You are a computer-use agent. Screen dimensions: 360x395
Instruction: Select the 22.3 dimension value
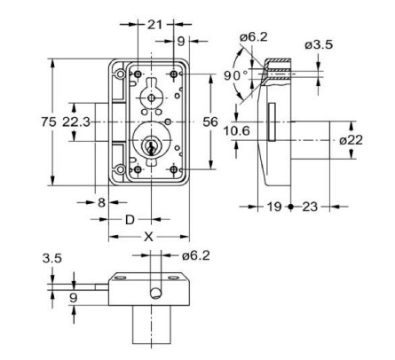tap(76, 121)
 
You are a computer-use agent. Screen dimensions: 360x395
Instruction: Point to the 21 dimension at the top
tap(156, 24)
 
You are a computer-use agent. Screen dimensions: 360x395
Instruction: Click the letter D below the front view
tap(129, 218)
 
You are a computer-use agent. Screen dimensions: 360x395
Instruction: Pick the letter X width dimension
tap(148, 238)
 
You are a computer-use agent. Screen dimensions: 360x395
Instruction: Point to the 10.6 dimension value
tap(235, 131)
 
